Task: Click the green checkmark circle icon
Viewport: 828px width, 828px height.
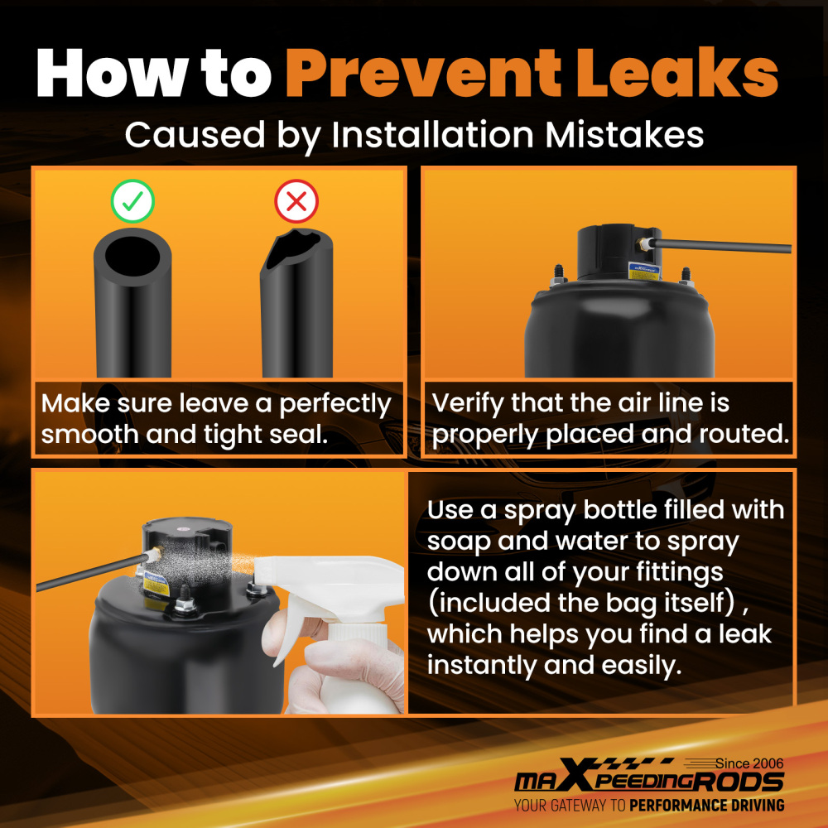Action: point(132,201)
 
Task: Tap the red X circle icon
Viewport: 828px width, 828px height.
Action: point(296,201)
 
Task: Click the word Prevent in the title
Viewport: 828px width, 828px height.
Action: point(423,73)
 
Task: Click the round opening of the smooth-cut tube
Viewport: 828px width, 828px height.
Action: point(132,256)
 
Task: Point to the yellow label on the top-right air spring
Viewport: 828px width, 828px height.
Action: point(643,271)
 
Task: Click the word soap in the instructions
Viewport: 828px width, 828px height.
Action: point(458,542)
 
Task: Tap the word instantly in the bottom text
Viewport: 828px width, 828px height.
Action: point(481,666)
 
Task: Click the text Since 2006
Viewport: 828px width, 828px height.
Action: point(749,763)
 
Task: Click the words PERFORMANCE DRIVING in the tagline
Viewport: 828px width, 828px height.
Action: point(706,806)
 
